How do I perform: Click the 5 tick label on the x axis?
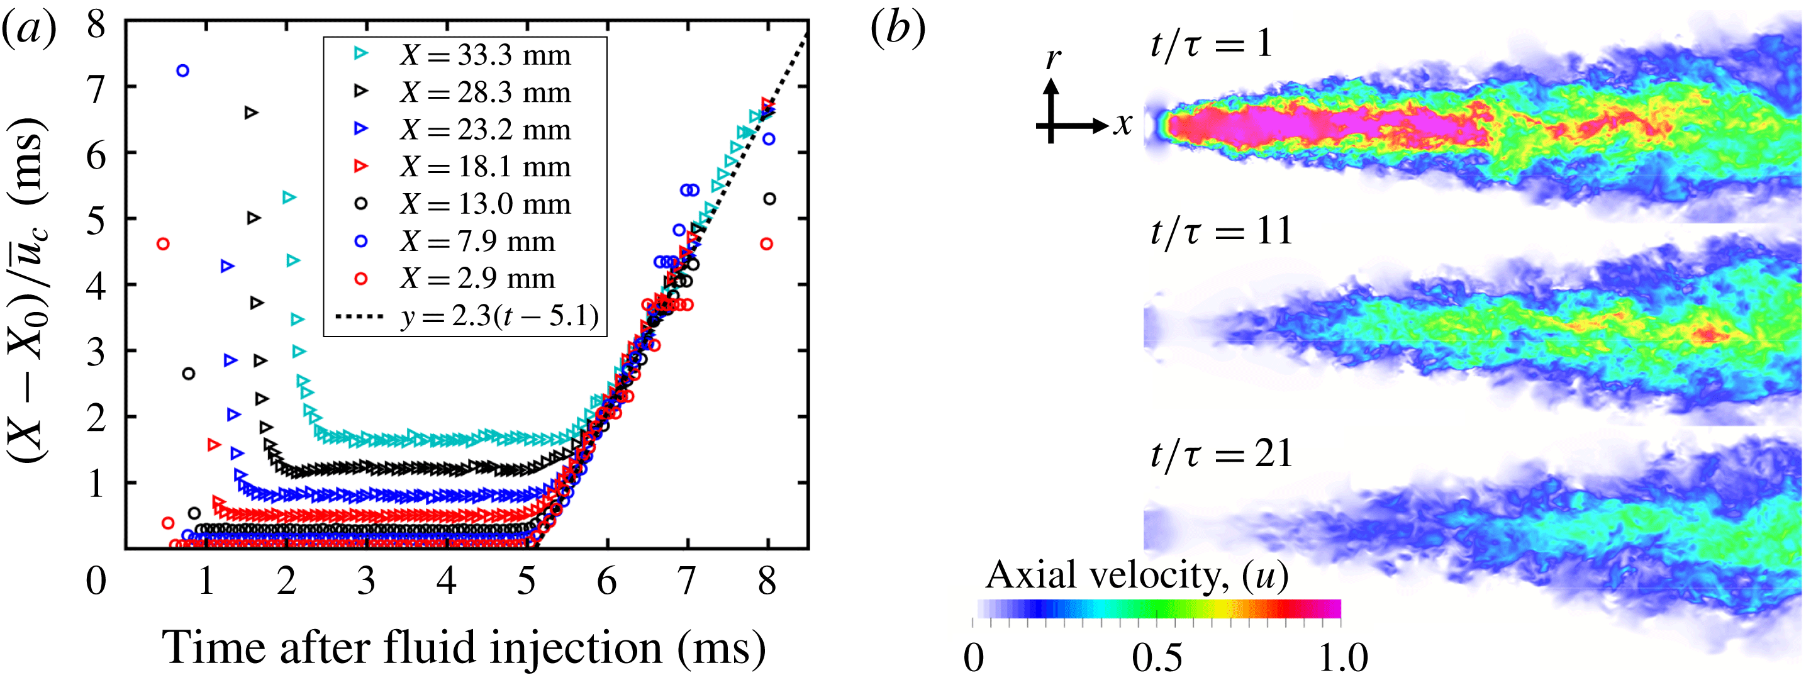click(x=527, y=581)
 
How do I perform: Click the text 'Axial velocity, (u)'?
click(x=1137, y=576)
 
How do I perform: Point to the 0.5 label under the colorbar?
click(x=1157, y=657)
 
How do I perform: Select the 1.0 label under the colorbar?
click(x=1342, y=657)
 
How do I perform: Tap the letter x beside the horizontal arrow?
click(x=1123, y=124)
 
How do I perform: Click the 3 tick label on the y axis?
click(x=96, y=354)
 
